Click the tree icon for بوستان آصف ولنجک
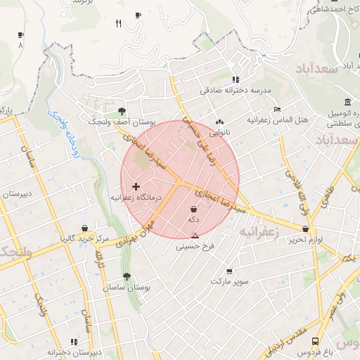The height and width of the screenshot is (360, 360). (122, 111)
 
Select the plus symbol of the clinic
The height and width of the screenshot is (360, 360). (136, 186)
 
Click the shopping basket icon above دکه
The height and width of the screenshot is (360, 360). (194, 209)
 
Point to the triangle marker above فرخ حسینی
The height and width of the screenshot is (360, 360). (195, 235)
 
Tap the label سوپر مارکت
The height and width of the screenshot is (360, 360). (229, 281)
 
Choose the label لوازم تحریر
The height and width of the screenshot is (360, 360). (304, 240)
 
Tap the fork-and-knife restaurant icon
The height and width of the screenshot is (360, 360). (119, 23)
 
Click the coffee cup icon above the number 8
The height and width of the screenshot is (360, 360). (20, 34)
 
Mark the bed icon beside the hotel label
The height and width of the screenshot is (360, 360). (278, 110)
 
